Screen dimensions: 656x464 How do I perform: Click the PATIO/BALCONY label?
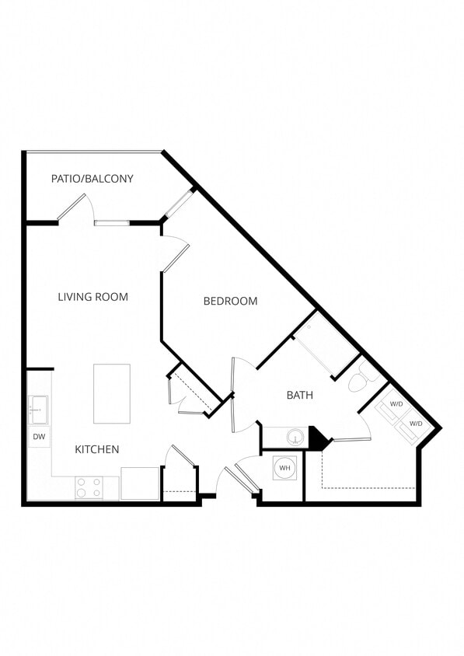coord(92,179)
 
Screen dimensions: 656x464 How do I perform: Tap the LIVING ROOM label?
coord(93,297)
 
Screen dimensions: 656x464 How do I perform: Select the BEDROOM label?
coord(230,302)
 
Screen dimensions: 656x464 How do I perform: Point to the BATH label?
coord(300,396)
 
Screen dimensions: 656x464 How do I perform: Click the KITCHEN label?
coord(97,449)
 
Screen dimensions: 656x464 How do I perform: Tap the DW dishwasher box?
coord(39,437)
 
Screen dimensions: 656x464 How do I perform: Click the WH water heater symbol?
coord(284,468)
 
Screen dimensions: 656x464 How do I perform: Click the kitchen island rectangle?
coord(112,393)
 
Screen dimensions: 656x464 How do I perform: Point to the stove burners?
coord(89,487)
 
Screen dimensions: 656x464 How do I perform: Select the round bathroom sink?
coord(295,438)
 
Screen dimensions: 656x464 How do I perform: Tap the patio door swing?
coord(76,208)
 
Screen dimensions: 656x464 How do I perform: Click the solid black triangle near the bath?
coord(318,439)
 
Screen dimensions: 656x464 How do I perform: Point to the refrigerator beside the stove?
coord(140,483)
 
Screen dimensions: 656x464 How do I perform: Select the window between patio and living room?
coord(112,223)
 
